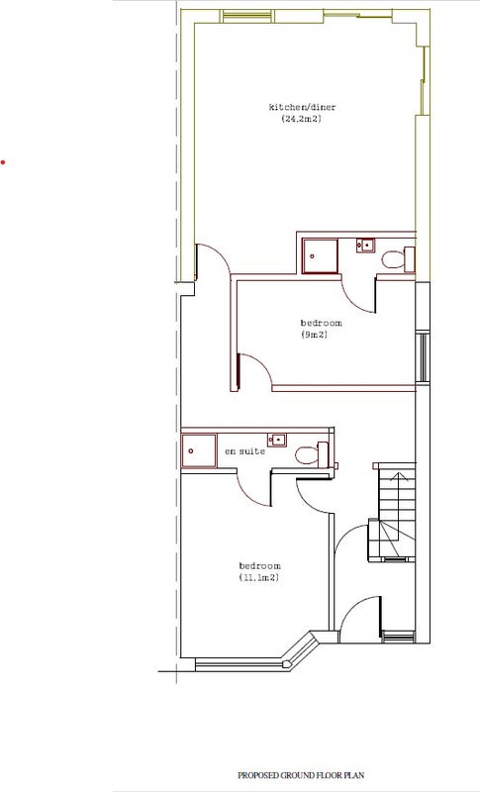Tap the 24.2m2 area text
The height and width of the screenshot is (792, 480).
click(301, 120)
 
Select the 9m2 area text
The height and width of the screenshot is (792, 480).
click(314, 335)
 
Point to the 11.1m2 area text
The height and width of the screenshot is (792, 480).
click(259, 578)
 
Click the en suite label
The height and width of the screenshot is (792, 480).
click(244, 451)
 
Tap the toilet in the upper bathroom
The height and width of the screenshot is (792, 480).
click(398, 259)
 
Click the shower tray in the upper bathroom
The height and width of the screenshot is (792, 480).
click(320, 256)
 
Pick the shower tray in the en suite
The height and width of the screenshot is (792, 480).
click(199, 450)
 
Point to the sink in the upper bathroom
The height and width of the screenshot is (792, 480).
click(365, 246)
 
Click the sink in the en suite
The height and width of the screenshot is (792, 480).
click(276, 441)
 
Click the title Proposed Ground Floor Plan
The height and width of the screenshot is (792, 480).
click(301, 775)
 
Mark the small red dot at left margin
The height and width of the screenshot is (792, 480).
click(3, 162)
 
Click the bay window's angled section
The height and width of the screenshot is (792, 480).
click(302, 651)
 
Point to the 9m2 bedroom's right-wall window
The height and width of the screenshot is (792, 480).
click(423, 357)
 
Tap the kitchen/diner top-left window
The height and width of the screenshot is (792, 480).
click(247, 16)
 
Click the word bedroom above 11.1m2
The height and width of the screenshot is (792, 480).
click(260, 565)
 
